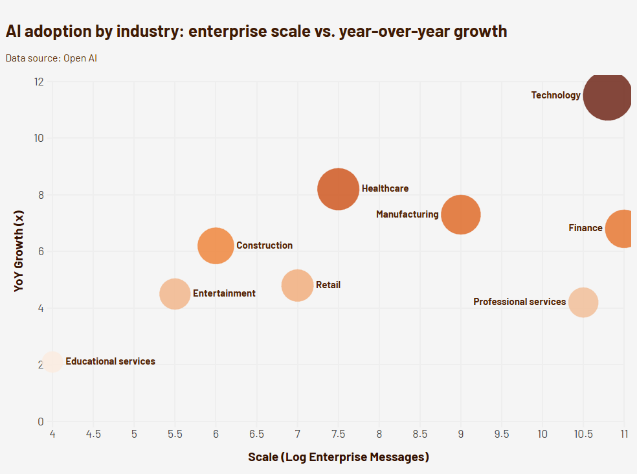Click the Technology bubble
tap(607, 96)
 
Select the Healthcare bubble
tap(338, 188)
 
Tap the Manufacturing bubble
tap(460, 214)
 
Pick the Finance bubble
tap(623, 229)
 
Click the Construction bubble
tap(216, 246)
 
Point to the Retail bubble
tap(297, 286)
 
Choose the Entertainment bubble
tap(175, 294)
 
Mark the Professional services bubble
tap(583, 302)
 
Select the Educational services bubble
tap(52, 362)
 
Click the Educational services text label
tap(110, 361)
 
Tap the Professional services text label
tap(519, 302)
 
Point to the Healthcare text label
tap(385, 188)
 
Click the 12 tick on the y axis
tap(39, 82)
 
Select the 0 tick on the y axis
tap(40, 422)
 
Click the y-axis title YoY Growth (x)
tap(19, 251)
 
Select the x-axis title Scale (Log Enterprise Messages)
tap(339, 457)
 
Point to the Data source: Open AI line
tap(51, 58)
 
